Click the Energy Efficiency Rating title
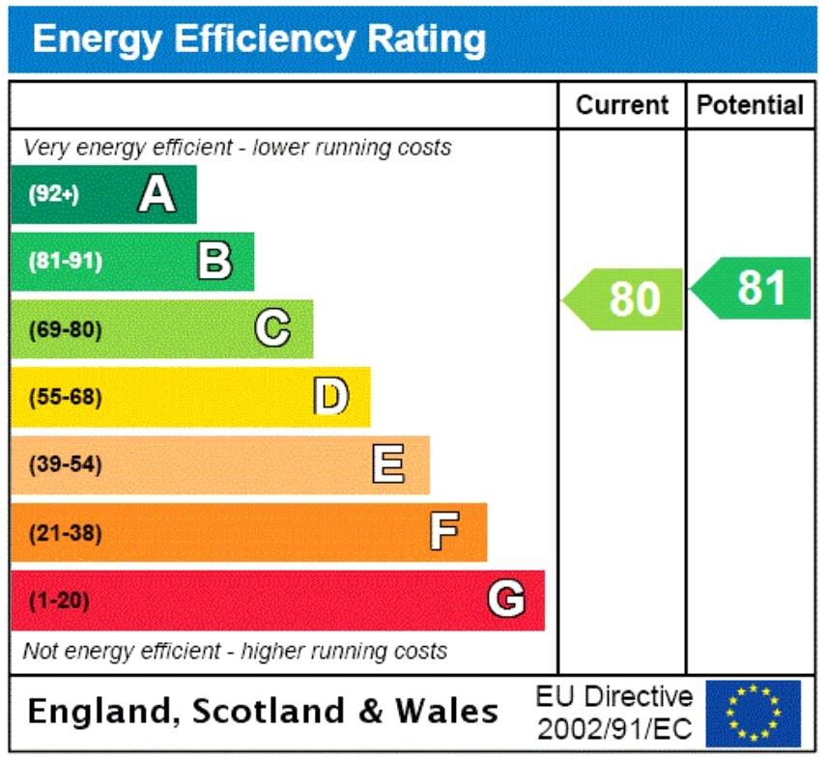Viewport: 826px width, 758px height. tap(259, 40)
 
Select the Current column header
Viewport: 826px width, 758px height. tap(621, 105)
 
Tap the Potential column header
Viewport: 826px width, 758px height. tap(750, 105)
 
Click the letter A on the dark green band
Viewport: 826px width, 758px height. tap(157, 195)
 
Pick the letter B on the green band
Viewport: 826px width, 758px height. tap(214, 262)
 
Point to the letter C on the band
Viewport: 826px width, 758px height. tap(272, 329)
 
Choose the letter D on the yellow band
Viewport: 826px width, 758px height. tap(330, 397)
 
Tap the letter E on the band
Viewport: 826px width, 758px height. tap(388, 465)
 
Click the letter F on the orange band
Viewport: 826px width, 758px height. tap(444, 532)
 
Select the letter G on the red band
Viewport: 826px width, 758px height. tap(506, 601)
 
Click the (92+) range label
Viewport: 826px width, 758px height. tap(53, 195)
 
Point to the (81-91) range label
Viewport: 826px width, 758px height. tap(65, 262)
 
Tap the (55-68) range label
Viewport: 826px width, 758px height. tap(65, 397)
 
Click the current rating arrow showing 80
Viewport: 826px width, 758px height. tap(625, 298)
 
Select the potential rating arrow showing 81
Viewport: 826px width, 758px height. tap(753, 288)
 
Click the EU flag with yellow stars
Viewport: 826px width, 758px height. tap(753, 713)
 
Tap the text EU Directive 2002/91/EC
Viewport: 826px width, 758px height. tap(615, 713)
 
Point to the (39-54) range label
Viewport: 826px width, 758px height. tap(65, 465)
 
